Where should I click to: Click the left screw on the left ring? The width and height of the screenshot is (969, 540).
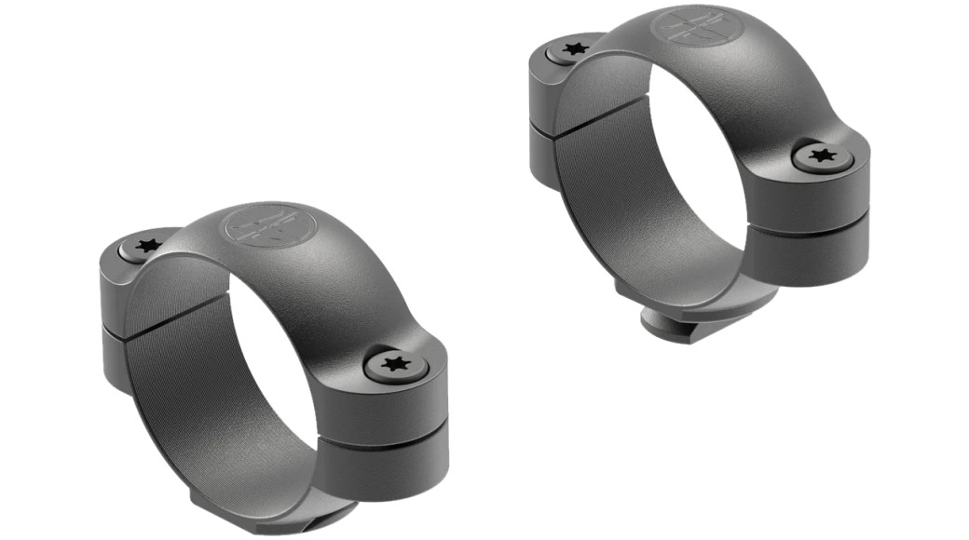[147, 248]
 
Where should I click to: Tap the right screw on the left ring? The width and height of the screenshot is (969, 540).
[396, 364]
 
